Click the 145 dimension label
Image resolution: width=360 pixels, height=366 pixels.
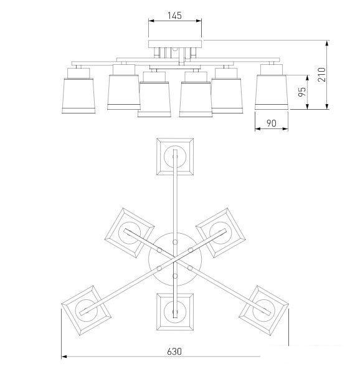[x=174, y=16]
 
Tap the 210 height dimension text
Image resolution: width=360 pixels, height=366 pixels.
[x=321, y=74]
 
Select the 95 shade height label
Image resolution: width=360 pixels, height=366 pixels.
[x=302, y=92]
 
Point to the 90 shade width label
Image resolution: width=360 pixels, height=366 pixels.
[x=272, y=123]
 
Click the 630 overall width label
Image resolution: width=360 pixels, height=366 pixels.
[x=174, y=351]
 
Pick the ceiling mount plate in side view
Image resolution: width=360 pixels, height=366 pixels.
[x=175, y=44]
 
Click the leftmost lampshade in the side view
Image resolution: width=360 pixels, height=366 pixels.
[x=78, y=95]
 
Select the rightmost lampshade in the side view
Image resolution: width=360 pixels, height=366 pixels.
[x=272, y=92]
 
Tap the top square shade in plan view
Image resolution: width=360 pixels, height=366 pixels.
[x=175, y=157]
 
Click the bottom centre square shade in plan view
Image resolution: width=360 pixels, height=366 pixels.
[x=175, y=312]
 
